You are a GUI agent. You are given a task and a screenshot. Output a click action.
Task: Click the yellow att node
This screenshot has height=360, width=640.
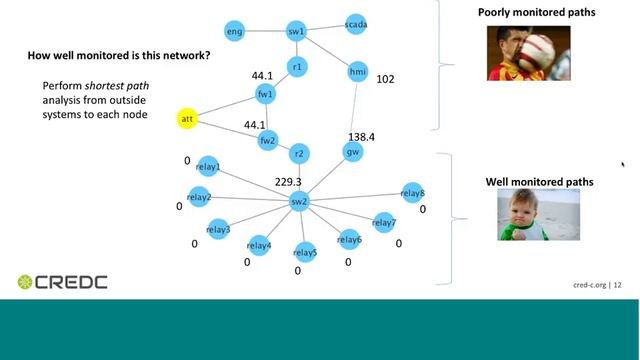[x=187, y=119]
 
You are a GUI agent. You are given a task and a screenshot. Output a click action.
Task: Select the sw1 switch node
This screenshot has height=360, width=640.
[x=296, y=31]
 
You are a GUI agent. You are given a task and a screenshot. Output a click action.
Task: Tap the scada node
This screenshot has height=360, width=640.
[x=356, y=24]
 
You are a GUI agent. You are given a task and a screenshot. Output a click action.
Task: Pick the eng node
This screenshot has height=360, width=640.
[x=234, y=31]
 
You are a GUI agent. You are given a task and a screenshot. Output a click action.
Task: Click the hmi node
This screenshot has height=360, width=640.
[x=358, y=71]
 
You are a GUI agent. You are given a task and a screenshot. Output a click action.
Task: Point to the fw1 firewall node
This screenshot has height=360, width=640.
[x=265, y=94]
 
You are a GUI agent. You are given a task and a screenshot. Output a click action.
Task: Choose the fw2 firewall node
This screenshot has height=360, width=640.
[x=268, y=140]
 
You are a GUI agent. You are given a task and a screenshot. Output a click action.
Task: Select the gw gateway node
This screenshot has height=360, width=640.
[x=353, y=152]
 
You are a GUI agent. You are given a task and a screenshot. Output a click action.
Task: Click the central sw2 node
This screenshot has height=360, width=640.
[x=299, y=201]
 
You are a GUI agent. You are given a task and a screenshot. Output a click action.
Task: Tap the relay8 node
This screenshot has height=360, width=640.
[x=413, y=193]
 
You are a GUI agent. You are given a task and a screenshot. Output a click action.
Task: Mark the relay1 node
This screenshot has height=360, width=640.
[x=208, y=166]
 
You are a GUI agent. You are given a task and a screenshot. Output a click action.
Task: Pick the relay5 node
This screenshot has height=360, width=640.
[x=305, y=253]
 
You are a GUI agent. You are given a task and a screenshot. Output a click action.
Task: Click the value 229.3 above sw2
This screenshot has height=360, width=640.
[x=288, y=182]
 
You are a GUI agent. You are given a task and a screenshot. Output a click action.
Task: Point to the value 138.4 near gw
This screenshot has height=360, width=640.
[x=361, y=137]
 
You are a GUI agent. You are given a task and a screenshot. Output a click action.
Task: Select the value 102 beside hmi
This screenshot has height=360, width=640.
[x=385, y=79]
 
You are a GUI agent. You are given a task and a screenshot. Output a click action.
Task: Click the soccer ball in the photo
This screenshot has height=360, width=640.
[x=536, y=52]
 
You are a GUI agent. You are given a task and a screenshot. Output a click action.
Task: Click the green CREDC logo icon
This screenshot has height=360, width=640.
[x=25, y=282]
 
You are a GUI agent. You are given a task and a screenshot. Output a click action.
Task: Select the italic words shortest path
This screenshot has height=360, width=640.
[x=117, y=86]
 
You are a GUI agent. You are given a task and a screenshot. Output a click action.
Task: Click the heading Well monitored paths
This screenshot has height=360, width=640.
[x=539, y=182]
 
